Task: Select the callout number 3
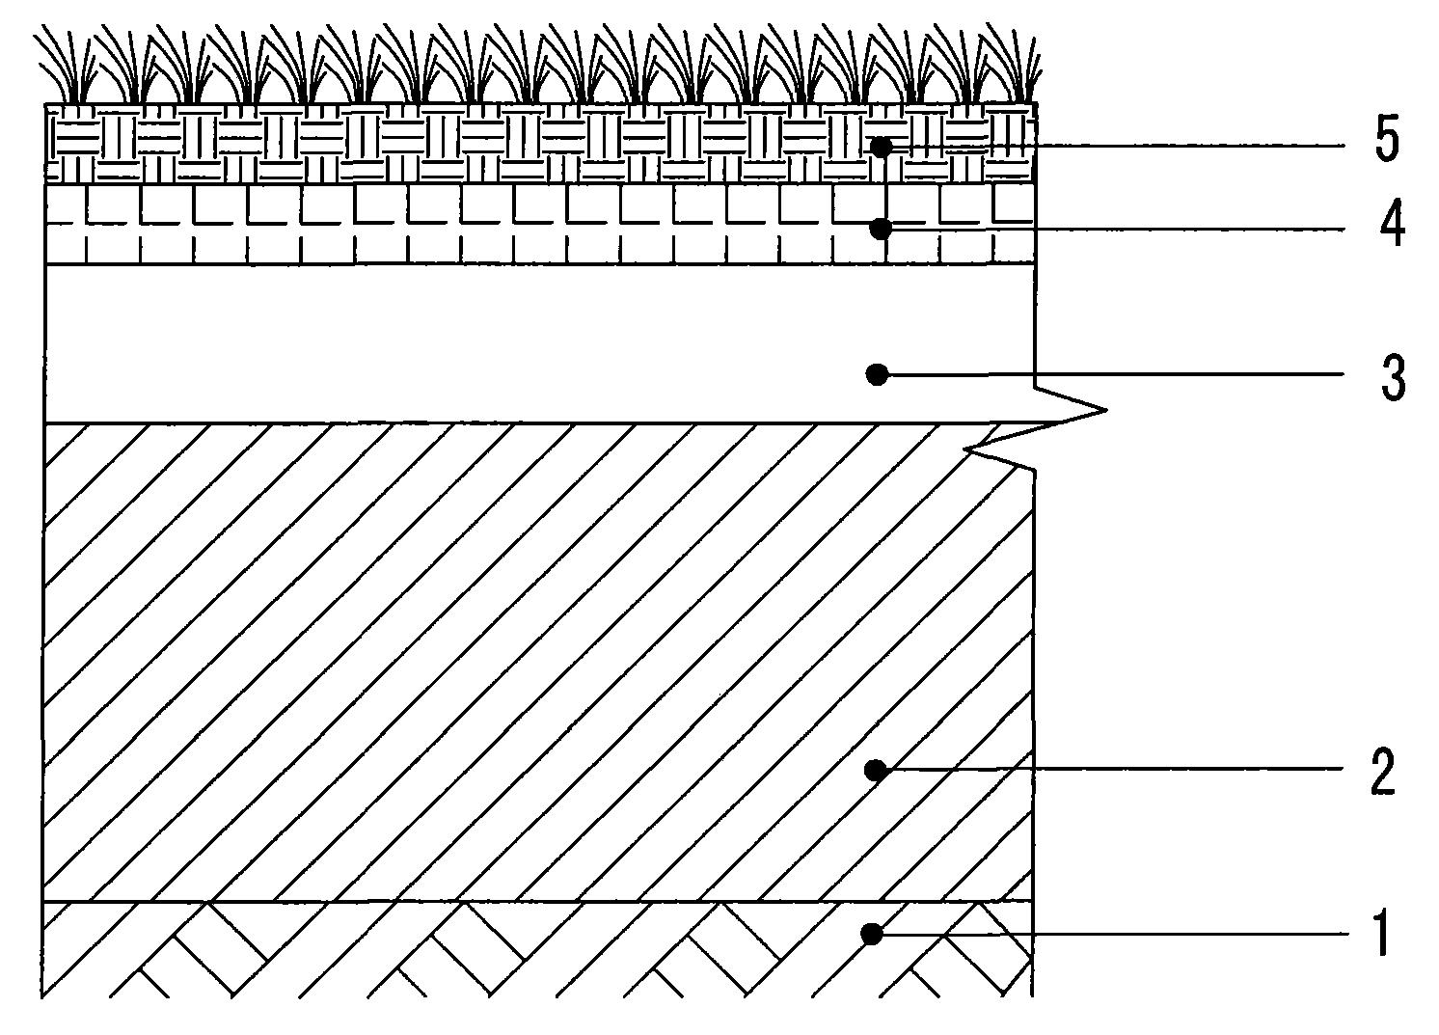[x=1393, y=378]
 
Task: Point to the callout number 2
[x=1383, y=770]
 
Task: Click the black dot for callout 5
[x=882, y=148]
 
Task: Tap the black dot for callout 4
[x=882, y=229]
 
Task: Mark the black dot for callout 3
[x=878, y=374]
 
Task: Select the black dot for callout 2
[x=876, y=770]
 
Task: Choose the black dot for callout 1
[x=872, y=935]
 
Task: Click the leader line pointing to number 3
[x=1111, y=373]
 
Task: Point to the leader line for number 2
[x=1109, y=769]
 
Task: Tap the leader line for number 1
[x=1109, y=934]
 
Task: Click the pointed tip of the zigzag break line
[x=1106, y=409]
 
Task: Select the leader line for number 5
[x=1113, y=147]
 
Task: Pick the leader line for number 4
[x=1113, y=229]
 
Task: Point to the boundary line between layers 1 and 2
[x=537, y=901]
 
